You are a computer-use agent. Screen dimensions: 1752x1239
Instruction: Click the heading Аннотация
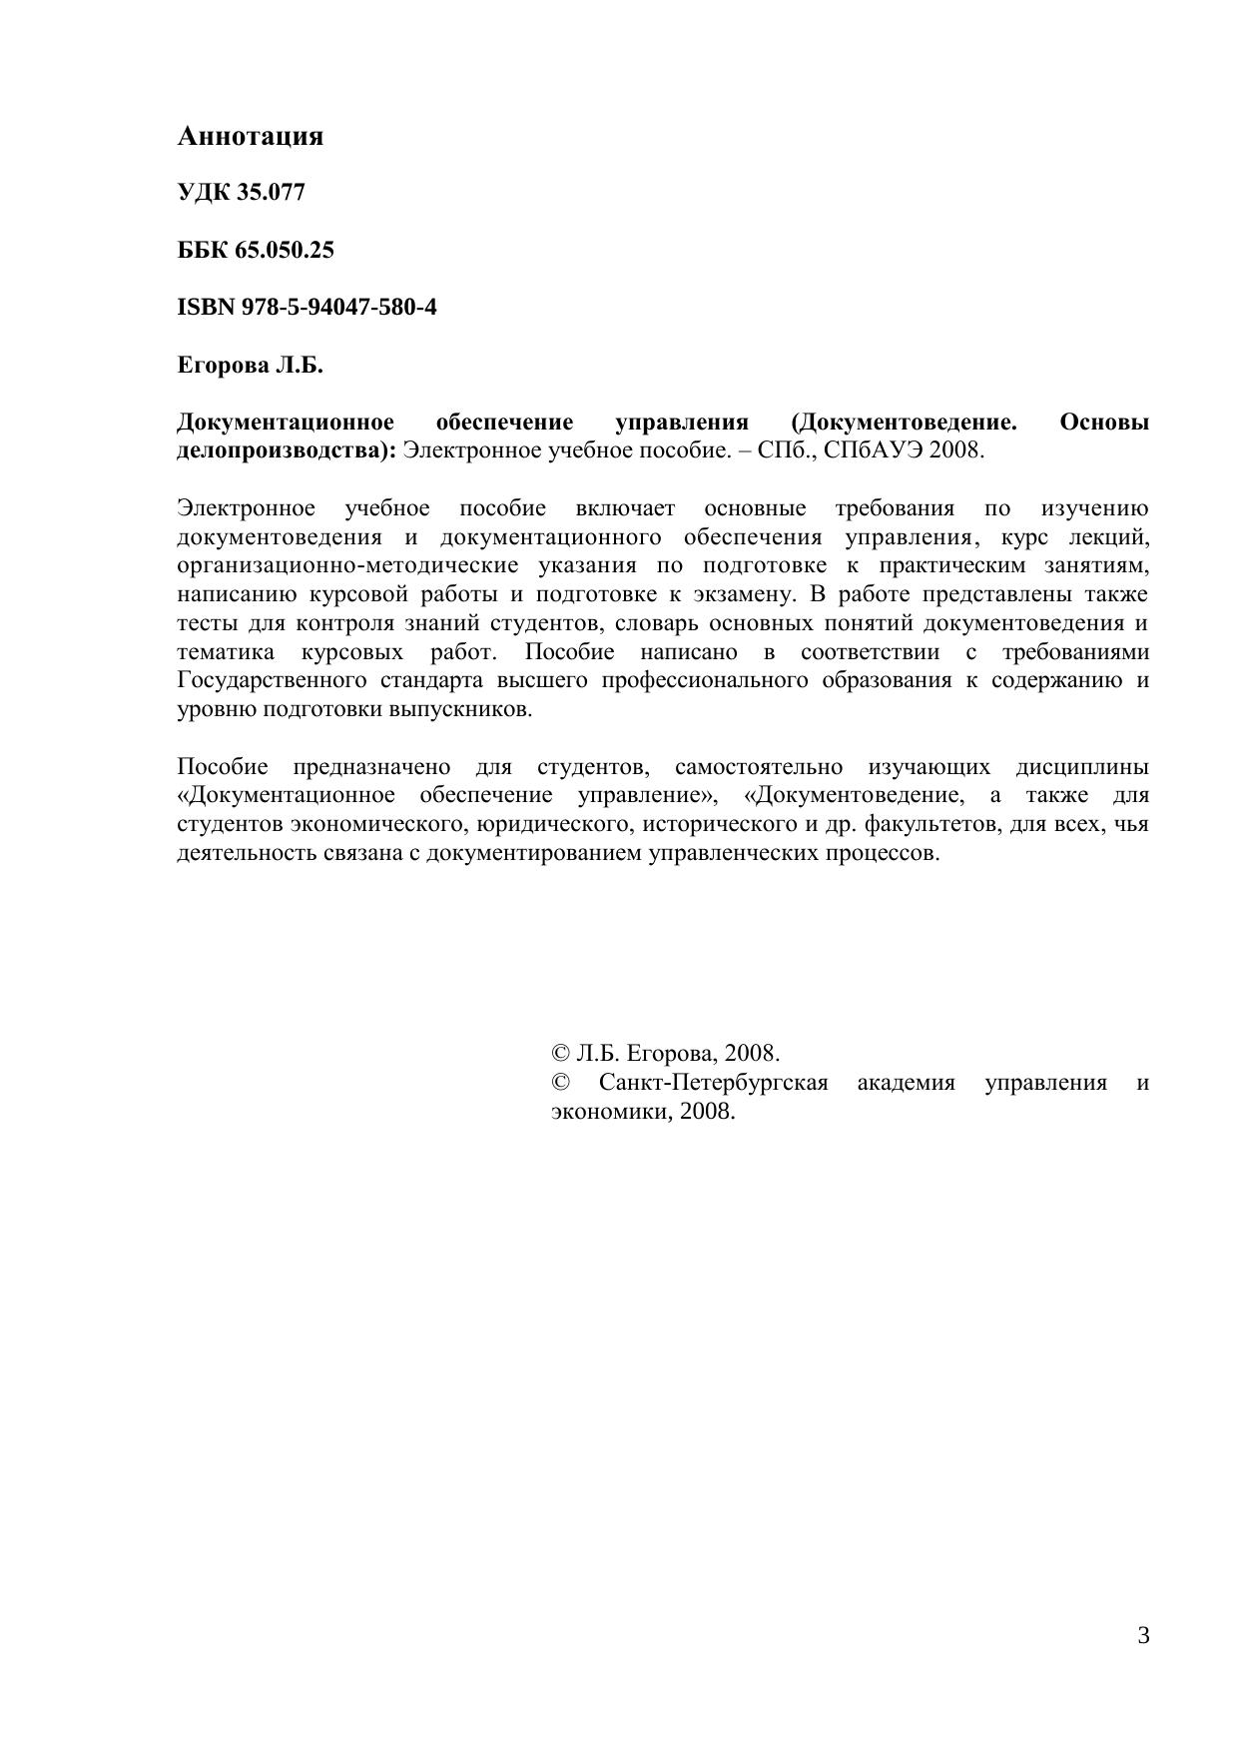[x=250, y=136]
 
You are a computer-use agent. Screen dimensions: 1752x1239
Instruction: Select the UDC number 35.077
[x=270, y=193]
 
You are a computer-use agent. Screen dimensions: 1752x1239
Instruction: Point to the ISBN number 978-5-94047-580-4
[x=338, y=307]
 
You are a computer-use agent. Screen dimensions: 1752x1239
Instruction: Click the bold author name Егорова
[x=223, y=365]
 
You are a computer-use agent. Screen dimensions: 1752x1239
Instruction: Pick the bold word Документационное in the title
[x=285, y=423]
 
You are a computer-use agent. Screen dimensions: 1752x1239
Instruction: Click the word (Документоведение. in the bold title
[x=904, y=423]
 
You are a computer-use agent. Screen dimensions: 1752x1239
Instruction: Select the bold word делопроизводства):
[x=287, y=450]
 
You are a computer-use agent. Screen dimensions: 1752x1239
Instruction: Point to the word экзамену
[x=743, y=595]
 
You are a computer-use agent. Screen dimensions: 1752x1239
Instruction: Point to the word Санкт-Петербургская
[x=713, y=1083]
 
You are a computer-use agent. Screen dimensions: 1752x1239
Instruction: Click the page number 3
[x=1143, y=1636]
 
